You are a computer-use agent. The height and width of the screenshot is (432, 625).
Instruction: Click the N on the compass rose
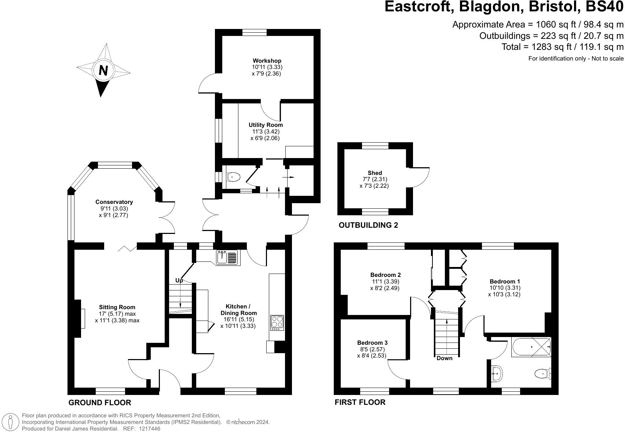(103, 70)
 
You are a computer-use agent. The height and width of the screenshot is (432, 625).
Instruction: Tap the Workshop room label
(267, 61)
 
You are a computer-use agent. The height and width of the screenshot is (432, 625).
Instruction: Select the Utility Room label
(266, 125)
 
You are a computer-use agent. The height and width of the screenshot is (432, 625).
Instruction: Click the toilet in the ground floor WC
(233, 177)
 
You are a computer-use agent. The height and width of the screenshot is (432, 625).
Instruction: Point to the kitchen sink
(227, 257)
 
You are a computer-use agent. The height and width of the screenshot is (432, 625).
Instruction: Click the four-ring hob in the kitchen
(277, 323)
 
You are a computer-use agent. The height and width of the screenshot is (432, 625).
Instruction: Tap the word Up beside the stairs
(179, 281)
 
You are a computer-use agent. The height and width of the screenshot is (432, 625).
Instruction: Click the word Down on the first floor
(444, 358)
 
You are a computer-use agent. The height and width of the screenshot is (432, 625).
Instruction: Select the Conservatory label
(114, 202)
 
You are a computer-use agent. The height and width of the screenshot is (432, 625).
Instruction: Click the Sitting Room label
(117, 307)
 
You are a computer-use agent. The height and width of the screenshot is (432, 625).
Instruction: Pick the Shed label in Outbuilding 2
(374, 173)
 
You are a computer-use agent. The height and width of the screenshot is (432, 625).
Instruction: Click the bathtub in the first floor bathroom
(531, 347)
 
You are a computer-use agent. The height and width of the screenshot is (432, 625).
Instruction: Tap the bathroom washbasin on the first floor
(497, 373)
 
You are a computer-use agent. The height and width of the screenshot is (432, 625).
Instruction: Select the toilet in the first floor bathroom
(542, 374)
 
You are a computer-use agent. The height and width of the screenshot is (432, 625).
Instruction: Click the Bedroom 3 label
(372, 343)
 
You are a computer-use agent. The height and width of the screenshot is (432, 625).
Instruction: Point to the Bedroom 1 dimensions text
(504, 291)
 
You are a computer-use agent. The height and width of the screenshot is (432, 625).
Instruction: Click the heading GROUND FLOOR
(100, 403)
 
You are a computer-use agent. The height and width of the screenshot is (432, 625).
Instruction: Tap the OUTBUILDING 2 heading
(368, 225)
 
